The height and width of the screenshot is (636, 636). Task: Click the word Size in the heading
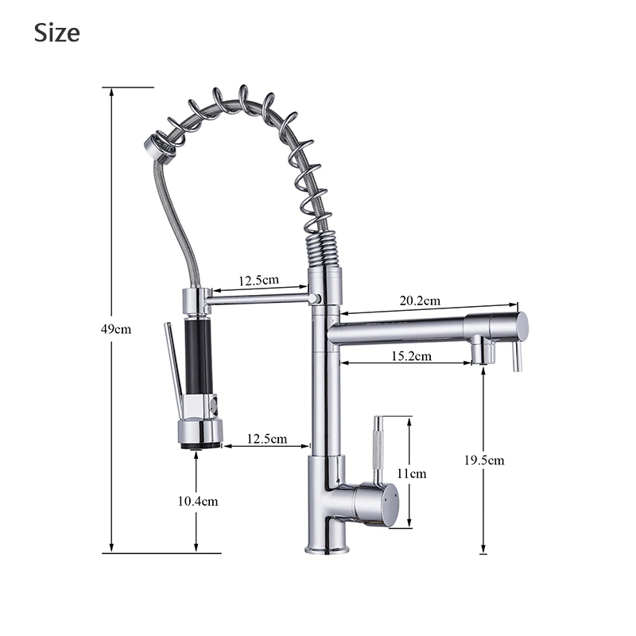(x=56, y=33)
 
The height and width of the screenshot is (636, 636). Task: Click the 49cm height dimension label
(x=116, y=328)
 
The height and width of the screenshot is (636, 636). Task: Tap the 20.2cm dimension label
(x=420, y=301)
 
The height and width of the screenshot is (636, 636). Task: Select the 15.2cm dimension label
(x=411, y=356)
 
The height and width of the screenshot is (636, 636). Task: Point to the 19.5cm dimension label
(x=484, y=460)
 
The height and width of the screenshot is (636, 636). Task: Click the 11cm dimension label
(x=412, y=473)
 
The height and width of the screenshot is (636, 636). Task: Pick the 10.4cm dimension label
(x=197, y=501)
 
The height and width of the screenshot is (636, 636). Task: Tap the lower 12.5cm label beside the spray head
(x=267, y=438)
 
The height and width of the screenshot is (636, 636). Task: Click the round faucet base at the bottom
(x=328, y=547)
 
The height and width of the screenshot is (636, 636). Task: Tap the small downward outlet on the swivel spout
(x=479, y=351)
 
